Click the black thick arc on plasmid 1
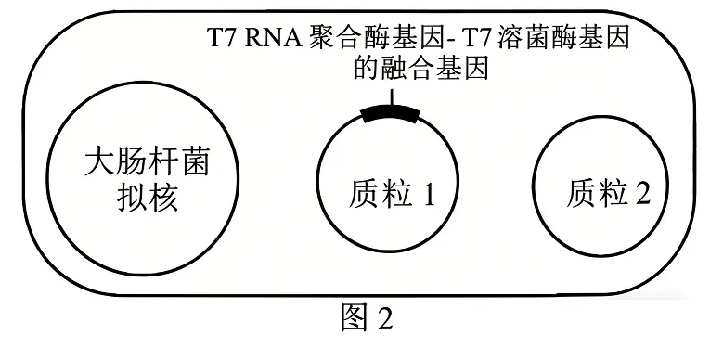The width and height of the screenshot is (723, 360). [x=391, y=114]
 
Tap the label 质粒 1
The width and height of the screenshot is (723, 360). [x=392, y=194]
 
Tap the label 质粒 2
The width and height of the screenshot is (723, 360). [x=609, y=192]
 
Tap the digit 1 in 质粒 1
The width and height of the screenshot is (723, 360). [x=429, y=194]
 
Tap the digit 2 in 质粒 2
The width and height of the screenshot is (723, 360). [x=642, y=192]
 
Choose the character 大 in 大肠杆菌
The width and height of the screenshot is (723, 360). [x=97, y=164]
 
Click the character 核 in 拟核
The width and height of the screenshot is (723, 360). [x=162, y=200]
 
